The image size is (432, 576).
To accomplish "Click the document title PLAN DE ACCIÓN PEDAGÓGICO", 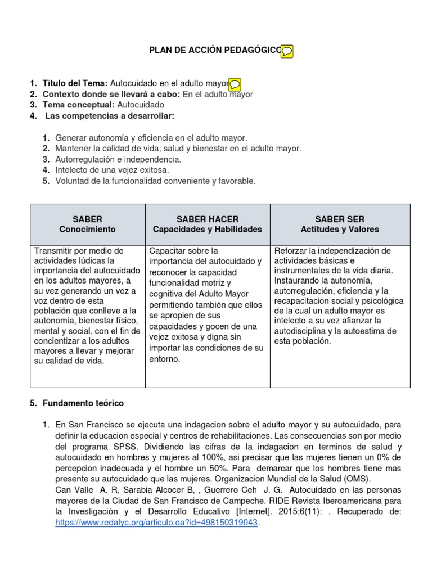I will [x=214, y=51].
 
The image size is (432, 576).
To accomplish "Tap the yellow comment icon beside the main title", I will [x=287, y=51].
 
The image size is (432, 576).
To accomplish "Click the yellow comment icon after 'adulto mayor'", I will [x=236, y=84].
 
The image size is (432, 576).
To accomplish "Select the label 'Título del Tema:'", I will [x=75, y=83].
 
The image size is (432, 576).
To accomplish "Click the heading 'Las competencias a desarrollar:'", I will [x=110, y=116].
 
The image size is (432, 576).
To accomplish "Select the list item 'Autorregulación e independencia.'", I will [x=118, y=159].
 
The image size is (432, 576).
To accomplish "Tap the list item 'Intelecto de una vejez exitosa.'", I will [x=112, y=170].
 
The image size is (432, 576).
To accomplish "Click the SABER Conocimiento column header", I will [x=87, y=224].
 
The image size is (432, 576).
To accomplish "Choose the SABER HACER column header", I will [x=208, y=224].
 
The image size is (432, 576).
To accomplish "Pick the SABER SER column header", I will [x=340, y=224].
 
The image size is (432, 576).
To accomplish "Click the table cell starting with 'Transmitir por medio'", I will [x=87, y=305].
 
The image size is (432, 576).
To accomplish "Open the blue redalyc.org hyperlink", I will [x=157, y=523].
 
